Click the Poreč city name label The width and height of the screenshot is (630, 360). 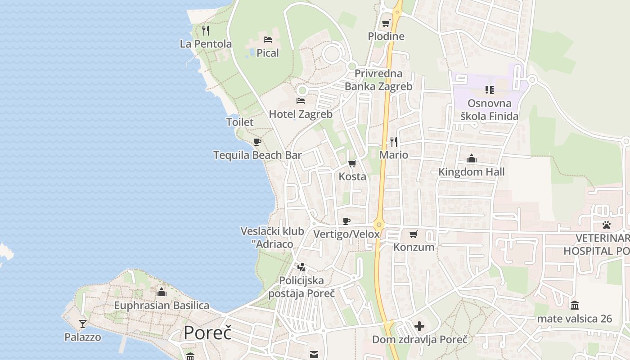tap(207, 333)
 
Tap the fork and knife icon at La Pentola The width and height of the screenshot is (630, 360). tap(206, 31)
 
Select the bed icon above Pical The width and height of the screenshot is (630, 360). tap(268, 40)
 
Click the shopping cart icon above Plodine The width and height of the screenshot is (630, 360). tap(386, 23)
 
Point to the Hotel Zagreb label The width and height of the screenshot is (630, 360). tap(301, 114)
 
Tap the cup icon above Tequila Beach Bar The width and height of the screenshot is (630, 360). tap(257, 142)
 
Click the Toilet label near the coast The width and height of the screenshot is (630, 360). tap(240, 122)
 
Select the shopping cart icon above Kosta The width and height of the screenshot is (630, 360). tap(352, 163)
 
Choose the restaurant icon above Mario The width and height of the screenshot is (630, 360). tap(394, 142)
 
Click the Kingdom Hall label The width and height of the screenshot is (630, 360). tap(472, 172)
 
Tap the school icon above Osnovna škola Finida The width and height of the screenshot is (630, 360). tap(490, 90)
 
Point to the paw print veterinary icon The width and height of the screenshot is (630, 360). tap(607, 225)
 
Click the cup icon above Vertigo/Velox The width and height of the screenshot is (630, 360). tap(346, 221)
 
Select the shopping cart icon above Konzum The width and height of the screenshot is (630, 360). tap(414, 234)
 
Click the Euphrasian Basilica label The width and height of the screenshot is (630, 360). tap(162, 306)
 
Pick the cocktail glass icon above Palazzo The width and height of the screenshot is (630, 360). tap(83, 324)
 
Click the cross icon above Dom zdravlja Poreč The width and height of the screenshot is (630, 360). tap(419, 326)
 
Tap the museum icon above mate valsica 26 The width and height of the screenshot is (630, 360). tap(574, 306)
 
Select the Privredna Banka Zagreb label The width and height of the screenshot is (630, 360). tap(378, 80)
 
